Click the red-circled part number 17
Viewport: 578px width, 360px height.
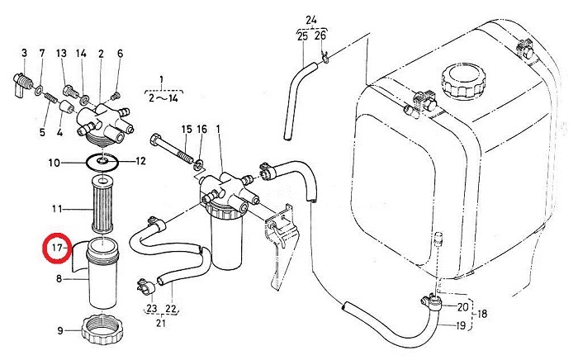[57, 247]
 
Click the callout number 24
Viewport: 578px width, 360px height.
[310, 19]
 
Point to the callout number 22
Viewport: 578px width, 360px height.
[172, 310]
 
